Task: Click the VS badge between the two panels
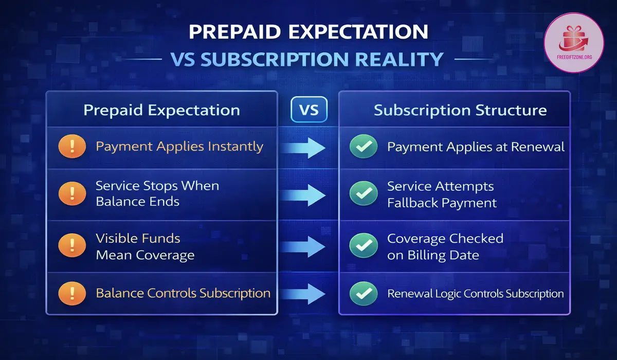pos(308,111)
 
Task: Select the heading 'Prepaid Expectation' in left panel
pos(161,110)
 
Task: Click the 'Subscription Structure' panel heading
pos(460,110)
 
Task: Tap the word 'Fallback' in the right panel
pos(414,203)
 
